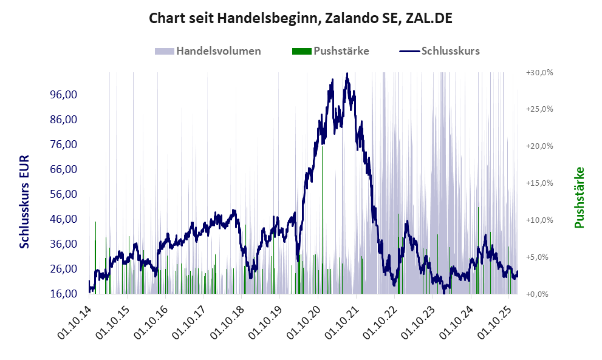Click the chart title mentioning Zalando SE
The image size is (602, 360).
[301, 19]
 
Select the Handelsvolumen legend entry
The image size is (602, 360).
[208, 51]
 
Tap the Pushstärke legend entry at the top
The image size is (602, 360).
[330, 51]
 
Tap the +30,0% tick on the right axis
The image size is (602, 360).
[539, 72]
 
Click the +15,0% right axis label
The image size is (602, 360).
[539, 183]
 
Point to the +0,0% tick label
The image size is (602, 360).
[539, 294]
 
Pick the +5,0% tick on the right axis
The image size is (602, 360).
[539, 257]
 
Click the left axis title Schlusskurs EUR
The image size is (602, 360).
[25, 201]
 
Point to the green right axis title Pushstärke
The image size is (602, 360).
[579, 198]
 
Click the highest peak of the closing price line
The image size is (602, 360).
[346, 74]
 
